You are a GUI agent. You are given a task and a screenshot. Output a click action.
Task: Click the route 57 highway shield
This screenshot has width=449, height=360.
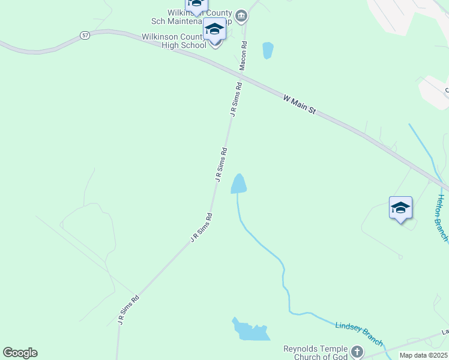(x=85, y=36)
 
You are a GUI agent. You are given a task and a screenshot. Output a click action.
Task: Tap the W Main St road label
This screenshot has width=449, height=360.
(x=300, y=104)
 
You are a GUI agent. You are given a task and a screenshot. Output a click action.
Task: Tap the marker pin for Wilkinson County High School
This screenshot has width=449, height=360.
(x=214, y=30)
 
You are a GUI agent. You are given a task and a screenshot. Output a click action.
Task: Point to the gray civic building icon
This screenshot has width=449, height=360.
(x=241, y=16)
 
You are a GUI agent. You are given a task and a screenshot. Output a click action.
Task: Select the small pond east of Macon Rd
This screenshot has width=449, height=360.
(x=268, y=50)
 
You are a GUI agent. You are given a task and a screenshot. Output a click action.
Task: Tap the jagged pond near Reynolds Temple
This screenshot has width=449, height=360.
(x=250, y=329)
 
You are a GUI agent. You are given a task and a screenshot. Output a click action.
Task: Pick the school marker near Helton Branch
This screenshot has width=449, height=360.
(x=400, y=209)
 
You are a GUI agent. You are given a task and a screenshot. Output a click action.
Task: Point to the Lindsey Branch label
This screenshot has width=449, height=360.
(x=359, y=331)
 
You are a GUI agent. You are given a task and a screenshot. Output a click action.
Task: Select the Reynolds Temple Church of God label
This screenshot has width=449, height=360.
(x=316, y=353)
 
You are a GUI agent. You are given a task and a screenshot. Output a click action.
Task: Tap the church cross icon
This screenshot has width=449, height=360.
(x=357, y=352)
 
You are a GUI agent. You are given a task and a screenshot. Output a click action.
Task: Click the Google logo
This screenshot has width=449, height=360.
(x=20, y=353)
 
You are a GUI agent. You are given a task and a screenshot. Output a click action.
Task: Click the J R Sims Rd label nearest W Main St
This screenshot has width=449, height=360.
(x=236, y=99)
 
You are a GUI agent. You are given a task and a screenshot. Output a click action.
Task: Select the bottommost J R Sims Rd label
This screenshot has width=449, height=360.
(x=128, y=310)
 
